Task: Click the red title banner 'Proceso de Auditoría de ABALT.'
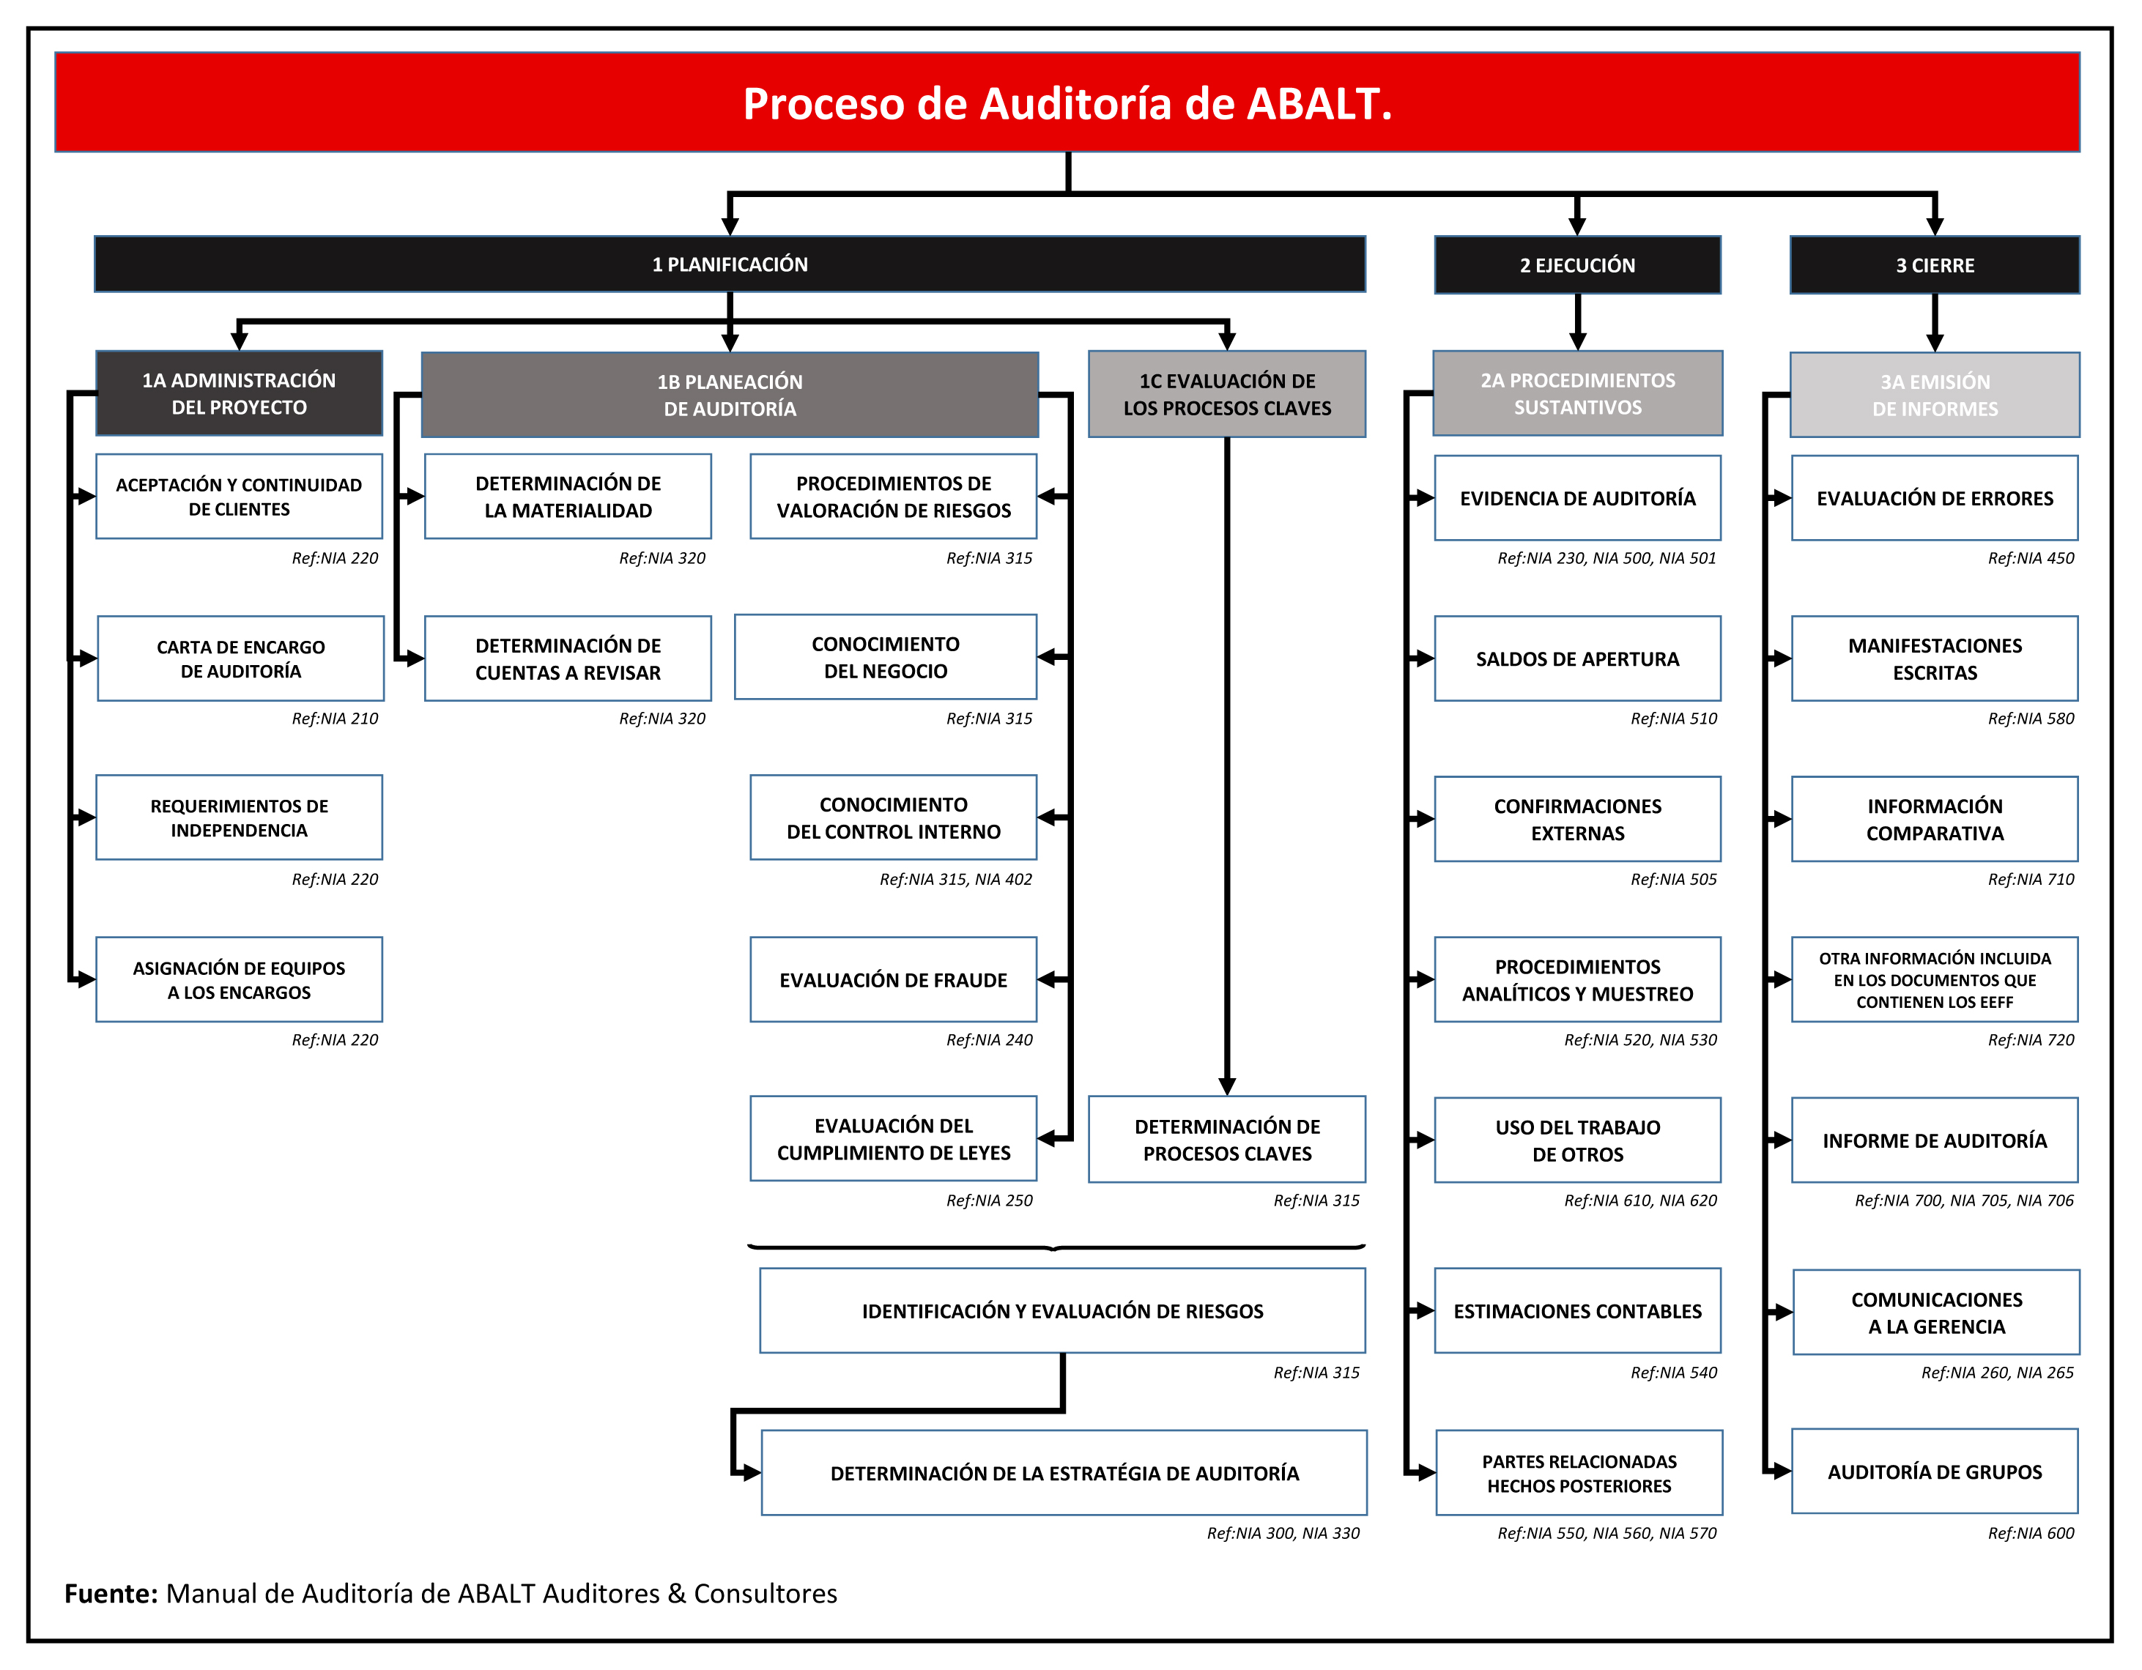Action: [x=1067, y=102]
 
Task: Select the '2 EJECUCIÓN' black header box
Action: [x=1577, y=264]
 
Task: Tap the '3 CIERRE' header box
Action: [x=1934, y=264]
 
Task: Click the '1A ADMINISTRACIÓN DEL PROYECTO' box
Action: [x=240, y=393]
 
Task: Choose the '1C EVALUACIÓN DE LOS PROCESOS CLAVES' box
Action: [x=1227, y=394]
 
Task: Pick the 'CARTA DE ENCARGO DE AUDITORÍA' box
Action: [x=240, y=658]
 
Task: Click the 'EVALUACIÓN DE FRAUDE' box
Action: [x=894, y=979]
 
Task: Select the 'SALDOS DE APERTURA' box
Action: [x=1577, y=658]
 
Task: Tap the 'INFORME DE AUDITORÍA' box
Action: [x=1934, y=1140]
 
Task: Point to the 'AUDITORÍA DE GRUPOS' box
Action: [x=1934, y=1471]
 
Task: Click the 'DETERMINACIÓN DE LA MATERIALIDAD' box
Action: [x=568, y=496]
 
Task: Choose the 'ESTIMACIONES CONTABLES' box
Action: [x=1577, y=1311]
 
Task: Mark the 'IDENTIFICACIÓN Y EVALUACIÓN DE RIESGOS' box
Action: [x=1062, y=1311]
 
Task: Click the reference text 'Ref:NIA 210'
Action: [x=335, y=719]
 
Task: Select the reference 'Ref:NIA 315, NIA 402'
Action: [x=955, y=880]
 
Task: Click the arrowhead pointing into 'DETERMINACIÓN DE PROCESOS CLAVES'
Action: [x=1227, y=1086]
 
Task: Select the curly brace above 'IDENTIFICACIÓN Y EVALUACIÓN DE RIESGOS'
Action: [x=1056, y=1247]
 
